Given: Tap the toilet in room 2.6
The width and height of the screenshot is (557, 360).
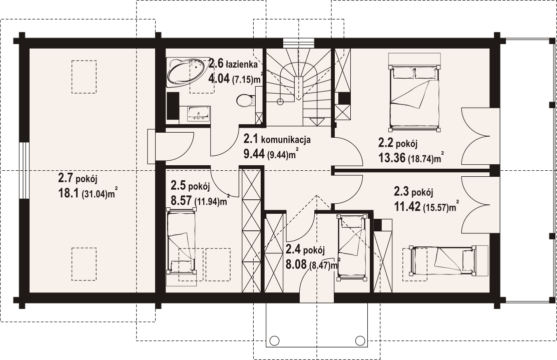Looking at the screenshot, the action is (x=246, y=100).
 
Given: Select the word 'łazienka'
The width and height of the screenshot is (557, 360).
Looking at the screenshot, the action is (x=243, y=65).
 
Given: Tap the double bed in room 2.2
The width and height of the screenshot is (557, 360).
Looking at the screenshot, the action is (x=414, y=93).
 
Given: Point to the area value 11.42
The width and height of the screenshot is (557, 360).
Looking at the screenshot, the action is (x=407, y=206).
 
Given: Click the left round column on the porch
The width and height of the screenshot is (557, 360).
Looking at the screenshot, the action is (x=274, y=340).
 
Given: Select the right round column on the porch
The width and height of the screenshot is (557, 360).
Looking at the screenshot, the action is (x=360, y=340).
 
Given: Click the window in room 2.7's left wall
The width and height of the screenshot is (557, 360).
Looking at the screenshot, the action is (x=24, y=171).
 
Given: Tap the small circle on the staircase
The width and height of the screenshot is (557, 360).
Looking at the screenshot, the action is (x=280, y=101).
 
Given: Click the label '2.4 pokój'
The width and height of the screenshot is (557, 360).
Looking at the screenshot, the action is (x=305, y=250).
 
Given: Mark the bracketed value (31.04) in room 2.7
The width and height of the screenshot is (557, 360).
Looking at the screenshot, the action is (x=95, y=195).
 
